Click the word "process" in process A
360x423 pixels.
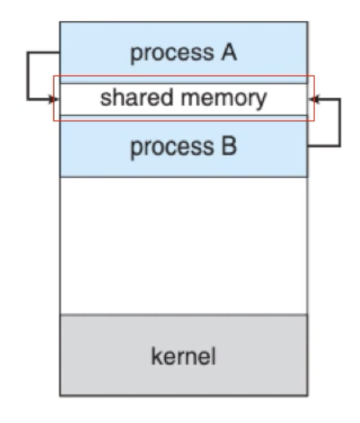coord(172,54)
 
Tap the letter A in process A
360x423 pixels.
coord(229,52)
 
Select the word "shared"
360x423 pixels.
coord(136,97)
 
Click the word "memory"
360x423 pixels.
coord(224,99)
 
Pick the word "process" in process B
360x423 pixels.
coord(172,148)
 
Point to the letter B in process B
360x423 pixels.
coord(229,146)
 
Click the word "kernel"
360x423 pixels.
coord(184,356)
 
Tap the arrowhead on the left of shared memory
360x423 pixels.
coord(53,99)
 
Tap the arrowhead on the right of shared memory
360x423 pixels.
coord(313,99)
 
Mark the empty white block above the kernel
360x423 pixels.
coord(184,246)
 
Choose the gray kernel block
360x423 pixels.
coord(184,355)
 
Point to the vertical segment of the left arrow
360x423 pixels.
coord(27,76)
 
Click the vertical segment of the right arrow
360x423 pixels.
coord(340,123)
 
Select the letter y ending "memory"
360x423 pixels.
coord(261,102)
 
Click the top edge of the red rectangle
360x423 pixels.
coord(184,76)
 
